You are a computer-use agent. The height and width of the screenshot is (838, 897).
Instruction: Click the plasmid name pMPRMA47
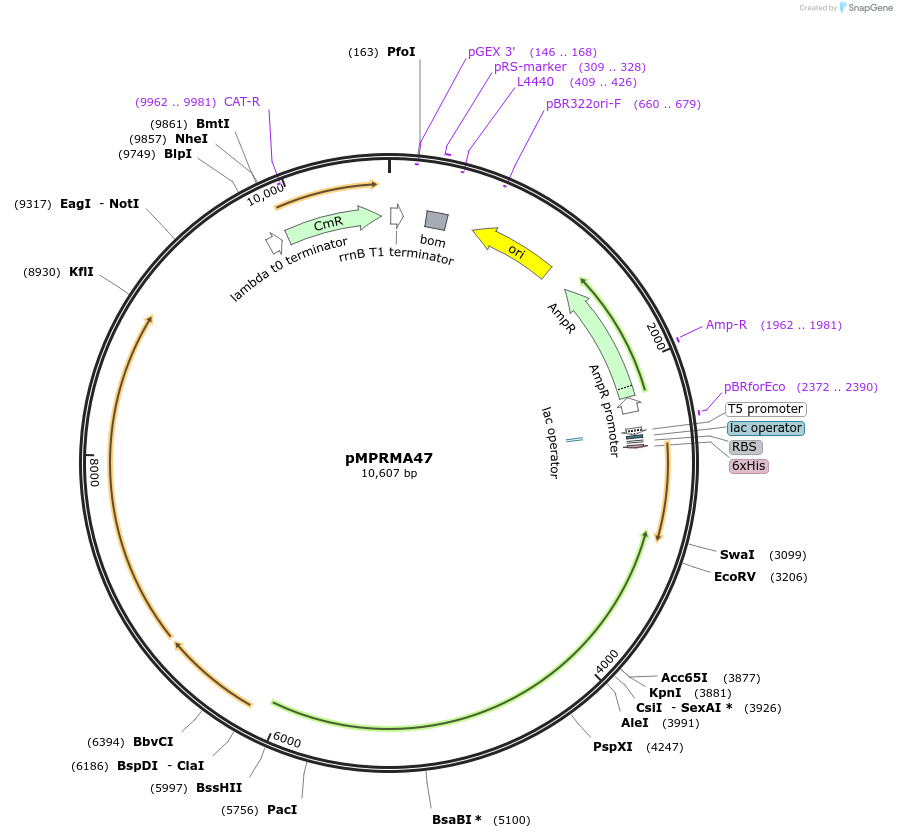point(389,458)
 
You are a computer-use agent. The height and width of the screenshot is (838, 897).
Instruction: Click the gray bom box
point(436,220)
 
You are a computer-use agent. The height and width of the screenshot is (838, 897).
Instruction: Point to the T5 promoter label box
point(765,409)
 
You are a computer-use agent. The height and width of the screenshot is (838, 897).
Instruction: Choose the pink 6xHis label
point(749,466)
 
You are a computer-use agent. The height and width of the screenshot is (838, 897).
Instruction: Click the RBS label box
point(744,447)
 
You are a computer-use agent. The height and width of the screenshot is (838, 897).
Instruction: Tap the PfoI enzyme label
point(401,51)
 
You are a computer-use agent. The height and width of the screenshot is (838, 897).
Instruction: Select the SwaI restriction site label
point(737,554)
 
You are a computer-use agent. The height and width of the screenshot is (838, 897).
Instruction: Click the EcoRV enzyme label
point(735,576)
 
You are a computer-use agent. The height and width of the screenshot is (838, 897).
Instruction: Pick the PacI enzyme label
point(282,809)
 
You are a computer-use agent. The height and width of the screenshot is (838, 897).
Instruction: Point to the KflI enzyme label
point(81,271)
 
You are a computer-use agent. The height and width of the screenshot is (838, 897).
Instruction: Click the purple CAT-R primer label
point(242,101)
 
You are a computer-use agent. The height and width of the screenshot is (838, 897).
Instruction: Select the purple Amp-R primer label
point(726,324)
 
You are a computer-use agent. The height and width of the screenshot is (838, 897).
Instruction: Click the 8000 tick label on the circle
point(95,472)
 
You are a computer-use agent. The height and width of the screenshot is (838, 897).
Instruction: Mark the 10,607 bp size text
point(389,474)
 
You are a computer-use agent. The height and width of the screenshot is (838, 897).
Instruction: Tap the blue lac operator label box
point(765,428)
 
